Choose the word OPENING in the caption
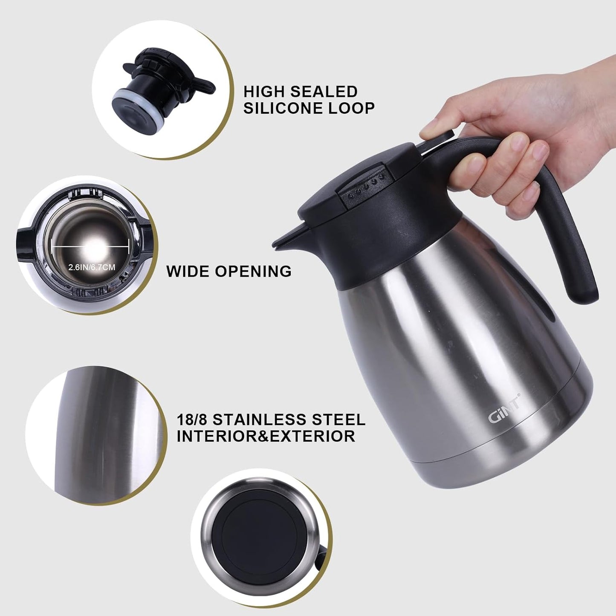point(253,271)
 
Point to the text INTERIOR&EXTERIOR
point(266,437)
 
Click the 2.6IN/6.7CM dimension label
point(92,267)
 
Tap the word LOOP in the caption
point(351,108)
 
